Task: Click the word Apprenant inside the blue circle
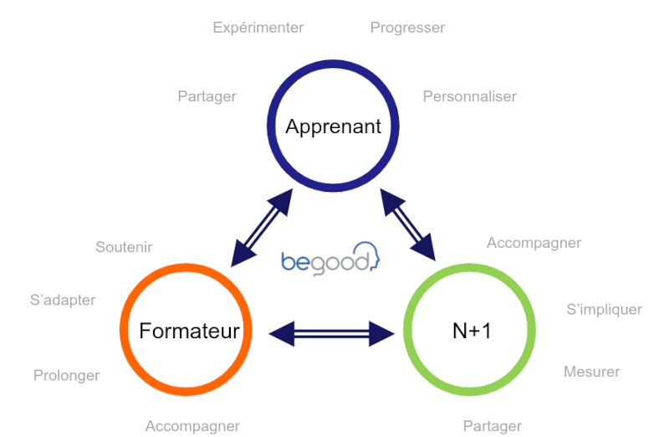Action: click(333, 126)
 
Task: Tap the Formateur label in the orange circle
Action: click(189, 331)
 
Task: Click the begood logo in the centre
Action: click(329, 260)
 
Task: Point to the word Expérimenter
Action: click(258, 28)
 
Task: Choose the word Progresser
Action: click(407, 28)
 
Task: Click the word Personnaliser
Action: click(469, 96)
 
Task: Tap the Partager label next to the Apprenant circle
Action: click(207, 96)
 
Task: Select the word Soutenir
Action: click(124, 247)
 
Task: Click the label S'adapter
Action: click(63, 300)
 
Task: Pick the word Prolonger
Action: click(66, 375)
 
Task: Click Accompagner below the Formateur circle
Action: click(192, 426)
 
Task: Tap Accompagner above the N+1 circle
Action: click(534, 243)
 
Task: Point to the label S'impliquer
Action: click(604, 310)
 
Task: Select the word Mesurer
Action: click(591, 372)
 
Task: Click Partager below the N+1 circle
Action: click(492, 426)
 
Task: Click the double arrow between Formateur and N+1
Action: click(331, 334)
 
